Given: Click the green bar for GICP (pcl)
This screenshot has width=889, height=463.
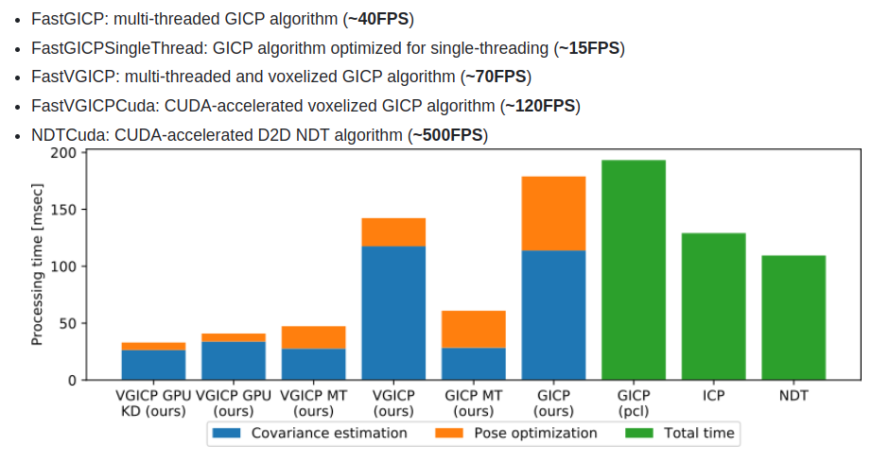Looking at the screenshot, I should (x=633, y=269).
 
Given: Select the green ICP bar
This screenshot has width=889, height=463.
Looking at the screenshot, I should (x=713, y=306).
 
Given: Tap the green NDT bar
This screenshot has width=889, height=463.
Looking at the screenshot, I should (x=793, y=317).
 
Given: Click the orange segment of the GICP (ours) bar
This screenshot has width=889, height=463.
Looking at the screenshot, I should (x=553, y=214).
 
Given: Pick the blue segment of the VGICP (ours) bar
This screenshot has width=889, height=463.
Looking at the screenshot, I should (x=393, y=313).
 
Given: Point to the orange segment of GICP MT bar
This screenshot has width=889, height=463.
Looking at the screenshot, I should (x=473, y=329).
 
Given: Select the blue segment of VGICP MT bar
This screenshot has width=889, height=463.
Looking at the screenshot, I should (x=313, y=364).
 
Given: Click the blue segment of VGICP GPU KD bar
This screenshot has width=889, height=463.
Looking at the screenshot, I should (x=153, y=365).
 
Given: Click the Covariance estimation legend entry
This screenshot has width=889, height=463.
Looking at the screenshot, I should (x=309, y=433).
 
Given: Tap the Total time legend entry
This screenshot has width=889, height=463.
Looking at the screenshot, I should (x=679, y=433).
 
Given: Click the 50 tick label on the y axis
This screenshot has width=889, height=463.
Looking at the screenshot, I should (x=66, y=323).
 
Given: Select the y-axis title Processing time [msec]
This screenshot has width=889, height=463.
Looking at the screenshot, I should (x=37, y=266).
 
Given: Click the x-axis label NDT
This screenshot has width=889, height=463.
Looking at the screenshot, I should (x=793, y=395).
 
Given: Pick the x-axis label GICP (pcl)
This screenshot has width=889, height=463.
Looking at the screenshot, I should (x=633, y=403).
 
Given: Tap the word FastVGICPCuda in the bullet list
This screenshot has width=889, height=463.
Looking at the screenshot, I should (x=87, y=106).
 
